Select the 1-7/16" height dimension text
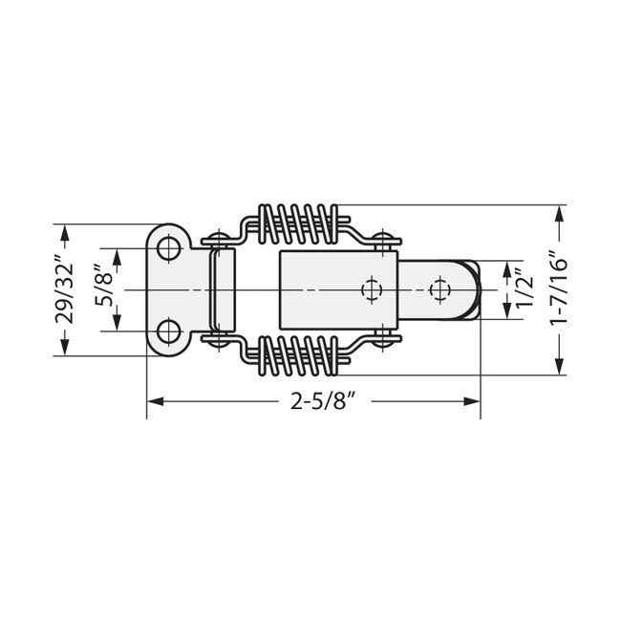[x=558, y=289]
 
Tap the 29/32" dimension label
[x=64, y=289]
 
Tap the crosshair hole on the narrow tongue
[x=439, y=289]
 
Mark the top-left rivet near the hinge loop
[x=219, y=238]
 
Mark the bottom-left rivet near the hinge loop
[x=219, y=339]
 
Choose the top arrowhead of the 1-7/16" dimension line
[x=558, y=211]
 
